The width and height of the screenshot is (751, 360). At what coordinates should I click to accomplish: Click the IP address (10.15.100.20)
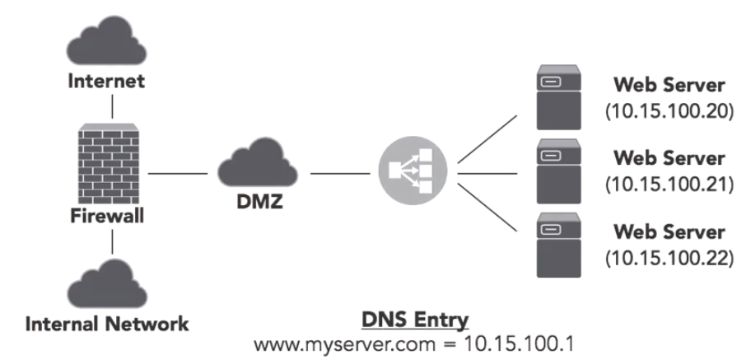(x=668, y=111)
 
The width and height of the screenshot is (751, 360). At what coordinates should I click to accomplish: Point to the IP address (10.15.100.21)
(x=668, y=184)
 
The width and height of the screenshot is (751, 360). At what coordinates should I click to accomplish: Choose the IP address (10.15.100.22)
(x=668, y=256)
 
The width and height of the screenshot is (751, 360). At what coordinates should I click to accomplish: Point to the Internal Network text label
(x=106, y=323)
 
